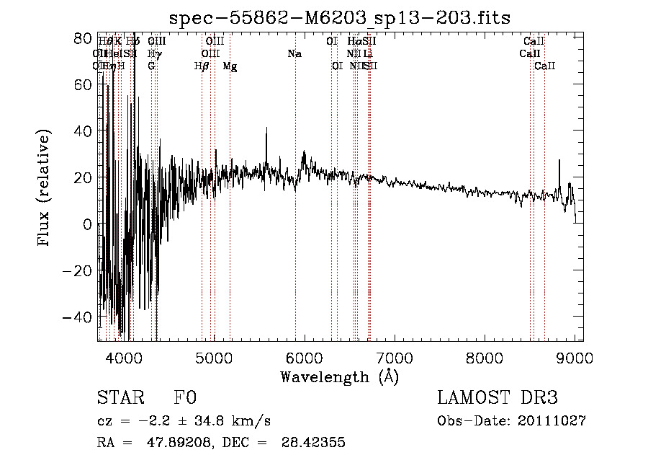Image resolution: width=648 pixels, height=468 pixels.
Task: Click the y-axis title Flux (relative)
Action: (x=45, y=187)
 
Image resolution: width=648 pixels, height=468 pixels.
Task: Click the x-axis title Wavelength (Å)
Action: (x=339, y=376)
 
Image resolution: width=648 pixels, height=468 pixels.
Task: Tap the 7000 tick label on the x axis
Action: (x=394, y=357)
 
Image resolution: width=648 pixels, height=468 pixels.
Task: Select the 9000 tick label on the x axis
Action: (x=575, y=357)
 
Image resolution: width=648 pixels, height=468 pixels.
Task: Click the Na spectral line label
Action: (x=294, y=54)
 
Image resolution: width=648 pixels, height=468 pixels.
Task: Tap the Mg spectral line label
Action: (x=230, y=66)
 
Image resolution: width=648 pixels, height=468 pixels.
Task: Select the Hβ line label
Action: (x=202, y=66)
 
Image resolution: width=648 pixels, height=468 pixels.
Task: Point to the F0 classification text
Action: (x=185, y=398)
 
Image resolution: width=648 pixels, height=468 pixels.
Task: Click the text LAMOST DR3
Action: (x=498, y=398)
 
